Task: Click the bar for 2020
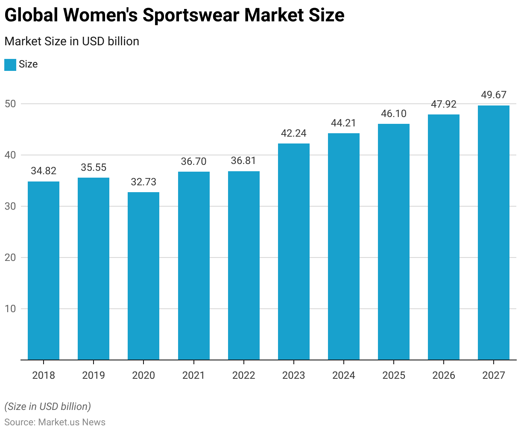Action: coord(143,276)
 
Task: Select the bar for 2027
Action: coord(494,233)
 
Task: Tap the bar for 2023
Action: coord(294,252)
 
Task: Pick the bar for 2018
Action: coord(44,271)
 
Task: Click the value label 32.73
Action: coord(143,182)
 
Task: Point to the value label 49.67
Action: coord(494,95)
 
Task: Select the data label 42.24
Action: coord(294,133)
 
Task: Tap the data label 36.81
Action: coord(243,161)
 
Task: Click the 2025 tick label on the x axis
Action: coord(394,375)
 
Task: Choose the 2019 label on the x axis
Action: coord(94,375)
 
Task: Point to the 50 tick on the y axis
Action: coord(10,104)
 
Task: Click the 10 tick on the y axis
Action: coord(10,309)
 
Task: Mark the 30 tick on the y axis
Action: coord(10,206)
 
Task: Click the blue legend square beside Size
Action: coord(10,64)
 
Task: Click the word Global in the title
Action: coord(31,15)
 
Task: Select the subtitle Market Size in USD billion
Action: coord(72,41)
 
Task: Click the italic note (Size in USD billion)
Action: coord(48,406)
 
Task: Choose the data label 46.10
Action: coord(394,114)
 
